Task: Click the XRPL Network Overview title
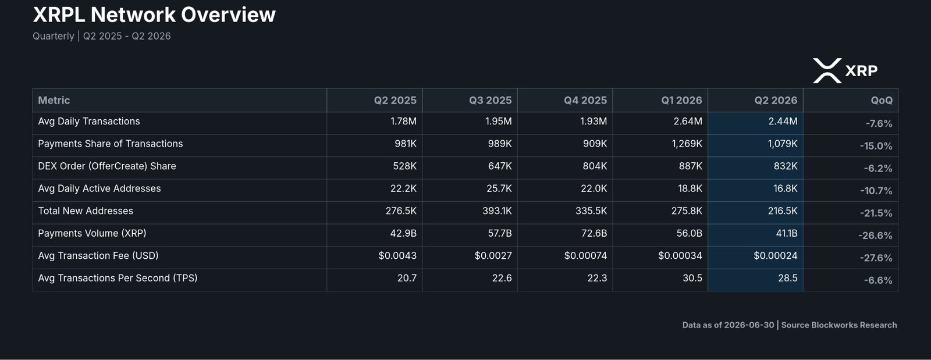(x=154, y=15)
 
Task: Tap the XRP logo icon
(x=827, y=70)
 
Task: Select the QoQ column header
(x=882, y=101)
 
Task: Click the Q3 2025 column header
(x=491, y=101)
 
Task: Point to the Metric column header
(x=54, y=101)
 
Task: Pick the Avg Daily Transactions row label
(x=89, y=121)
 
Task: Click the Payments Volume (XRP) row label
(x=93, y=233)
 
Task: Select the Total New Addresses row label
(x=86, y=211)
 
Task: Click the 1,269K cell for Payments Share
(x=687, y=144)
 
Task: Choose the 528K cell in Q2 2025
(x=405, y=166)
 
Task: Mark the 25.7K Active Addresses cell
(x=499, y=188)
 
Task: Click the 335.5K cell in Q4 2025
(x=591, y=211)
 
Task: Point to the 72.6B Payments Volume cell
(x=594, y=233)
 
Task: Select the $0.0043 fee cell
(x=397, y=256)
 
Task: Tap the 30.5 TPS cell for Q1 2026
(x=692, y=278)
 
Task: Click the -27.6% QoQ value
(x=876, y=258)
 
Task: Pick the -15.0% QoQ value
(x=876, y=146)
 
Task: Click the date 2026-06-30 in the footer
(x=749, y=325)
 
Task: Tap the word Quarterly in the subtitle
(x=54, y=37)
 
